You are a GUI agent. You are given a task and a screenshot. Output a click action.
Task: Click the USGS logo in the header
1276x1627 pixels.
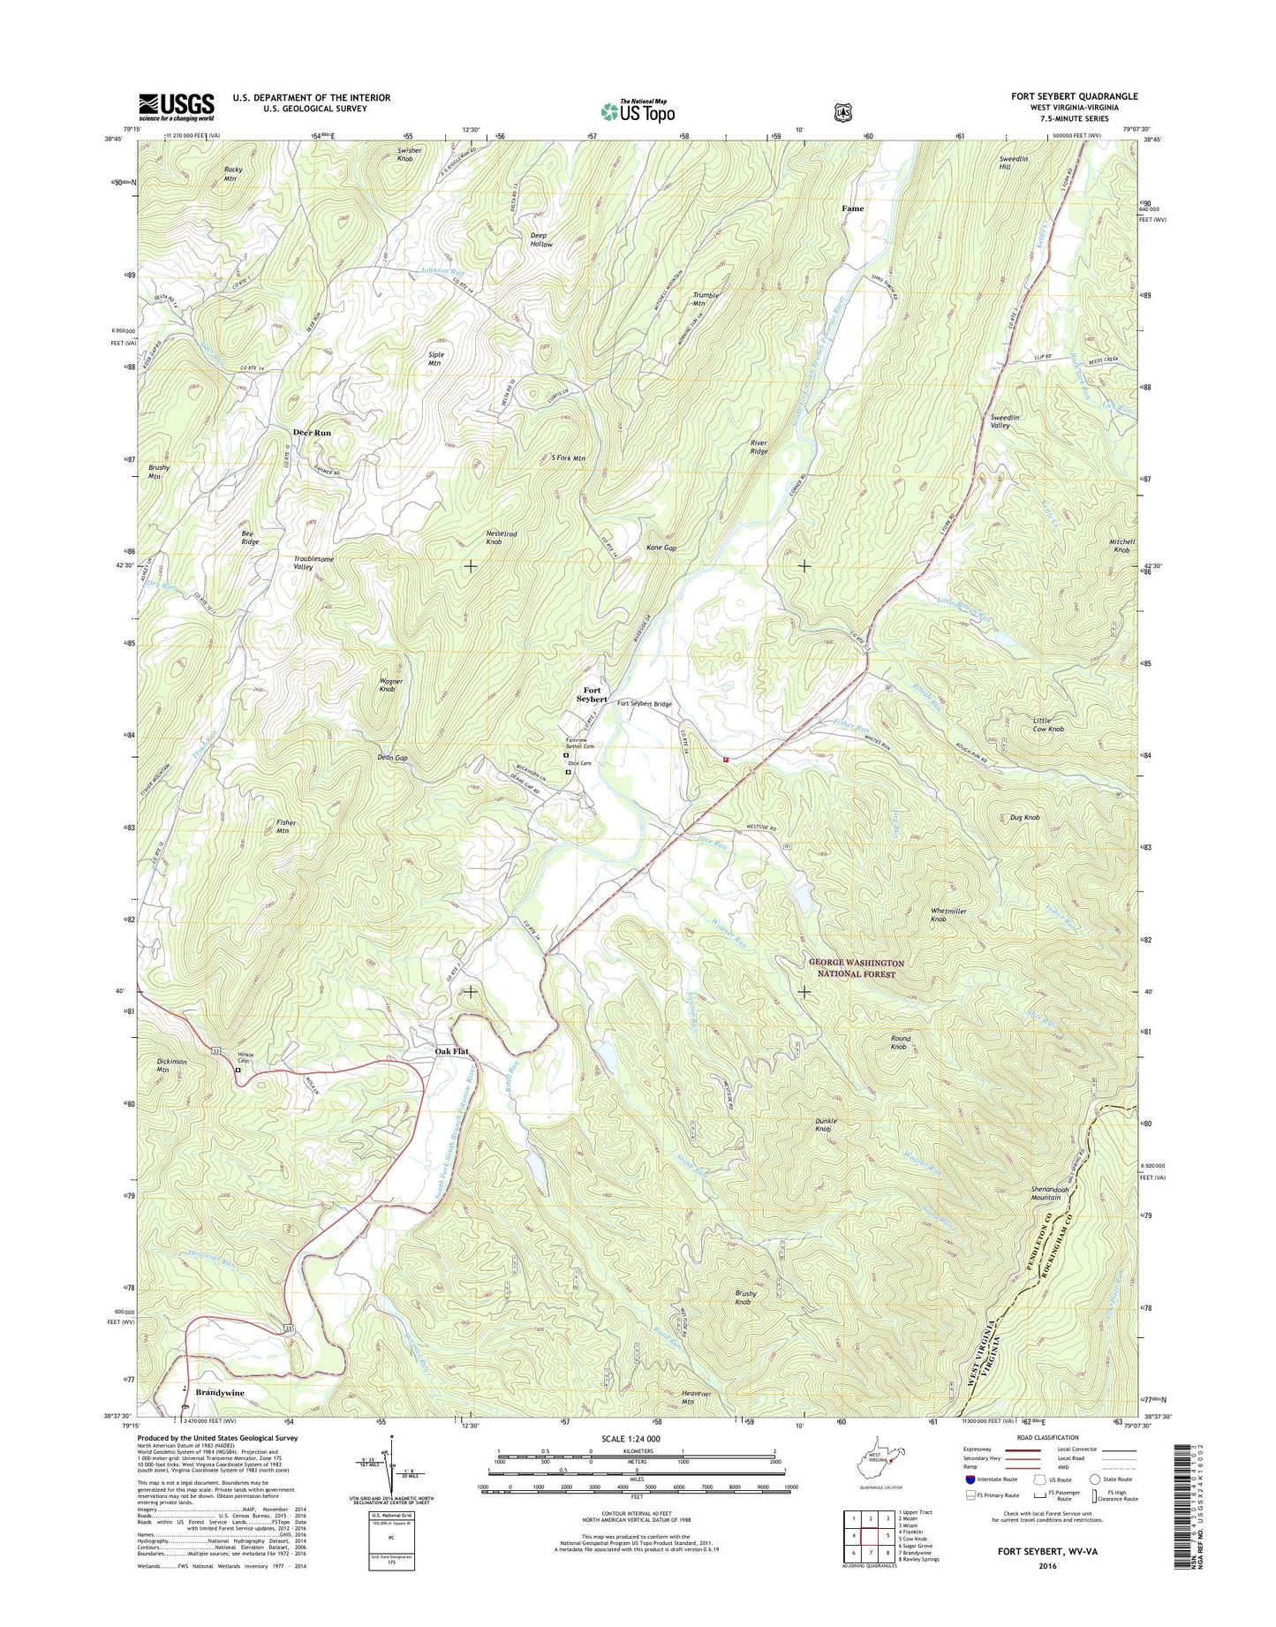tap(176, 107)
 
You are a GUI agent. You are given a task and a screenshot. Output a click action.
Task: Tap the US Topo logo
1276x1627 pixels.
tap(638, 111)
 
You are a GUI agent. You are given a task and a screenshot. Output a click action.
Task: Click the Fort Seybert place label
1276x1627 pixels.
tap(592, 694)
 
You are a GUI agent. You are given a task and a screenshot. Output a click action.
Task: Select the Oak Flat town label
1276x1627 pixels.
tap(451, 1051)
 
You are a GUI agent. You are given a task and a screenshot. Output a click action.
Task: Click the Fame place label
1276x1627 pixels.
tap(852, 208)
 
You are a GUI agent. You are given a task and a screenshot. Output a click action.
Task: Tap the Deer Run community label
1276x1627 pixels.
tap(312, 433)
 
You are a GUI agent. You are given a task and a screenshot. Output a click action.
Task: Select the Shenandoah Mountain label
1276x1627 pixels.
tap(1057, 1193)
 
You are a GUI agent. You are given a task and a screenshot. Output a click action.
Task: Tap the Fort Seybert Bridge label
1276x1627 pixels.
tap(645, 704)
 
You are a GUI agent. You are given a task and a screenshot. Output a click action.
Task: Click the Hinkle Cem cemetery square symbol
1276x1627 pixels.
tap(238, 1070)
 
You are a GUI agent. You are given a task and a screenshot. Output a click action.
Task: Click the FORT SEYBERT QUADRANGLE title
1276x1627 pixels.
tap(1074, 96)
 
